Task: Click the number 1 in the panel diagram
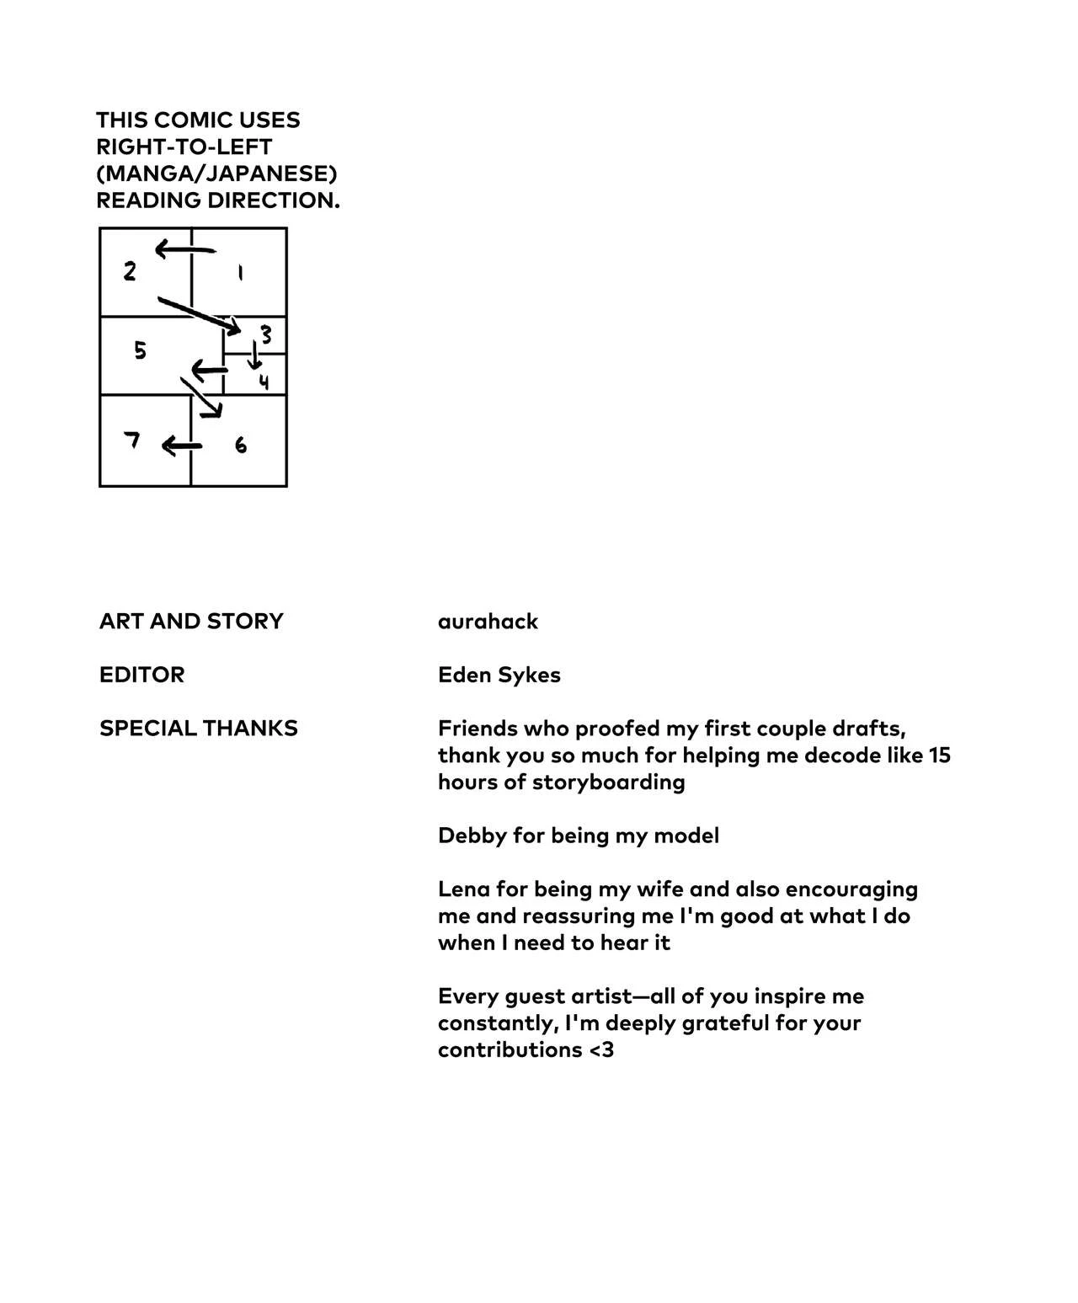coord(241,273)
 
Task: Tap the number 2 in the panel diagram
coord(130,271)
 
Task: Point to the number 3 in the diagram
coord(266,335)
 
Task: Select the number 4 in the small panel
coord(264,382)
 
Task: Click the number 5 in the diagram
coord(140,350)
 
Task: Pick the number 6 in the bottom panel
coord(241,445)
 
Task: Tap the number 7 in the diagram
coord(131,440)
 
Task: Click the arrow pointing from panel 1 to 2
coord(184,248)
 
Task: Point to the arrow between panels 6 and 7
coord(181,446)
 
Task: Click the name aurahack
coord(488,622)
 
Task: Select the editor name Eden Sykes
coord(499,676)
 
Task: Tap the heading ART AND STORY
coord(191,622)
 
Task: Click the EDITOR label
coord(141,676)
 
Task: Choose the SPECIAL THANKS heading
coord(199,729)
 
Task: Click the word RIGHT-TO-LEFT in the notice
coord(184,147)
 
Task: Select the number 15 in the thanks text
coord(939,756)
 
